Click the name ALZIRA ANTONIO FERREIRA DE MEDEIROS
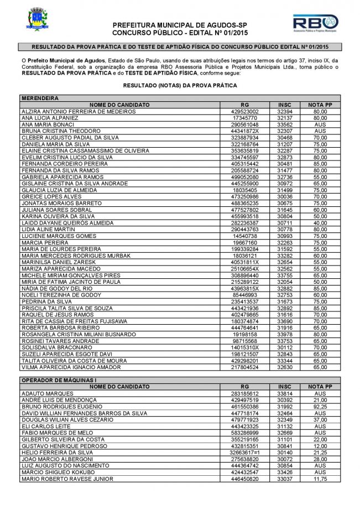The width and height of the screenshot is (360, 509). pos(78,111)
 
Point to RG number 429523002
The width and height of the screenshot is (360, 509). pos(246,111)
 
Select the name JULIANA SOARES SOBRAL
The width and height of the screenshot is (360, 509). pos(53,210)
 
